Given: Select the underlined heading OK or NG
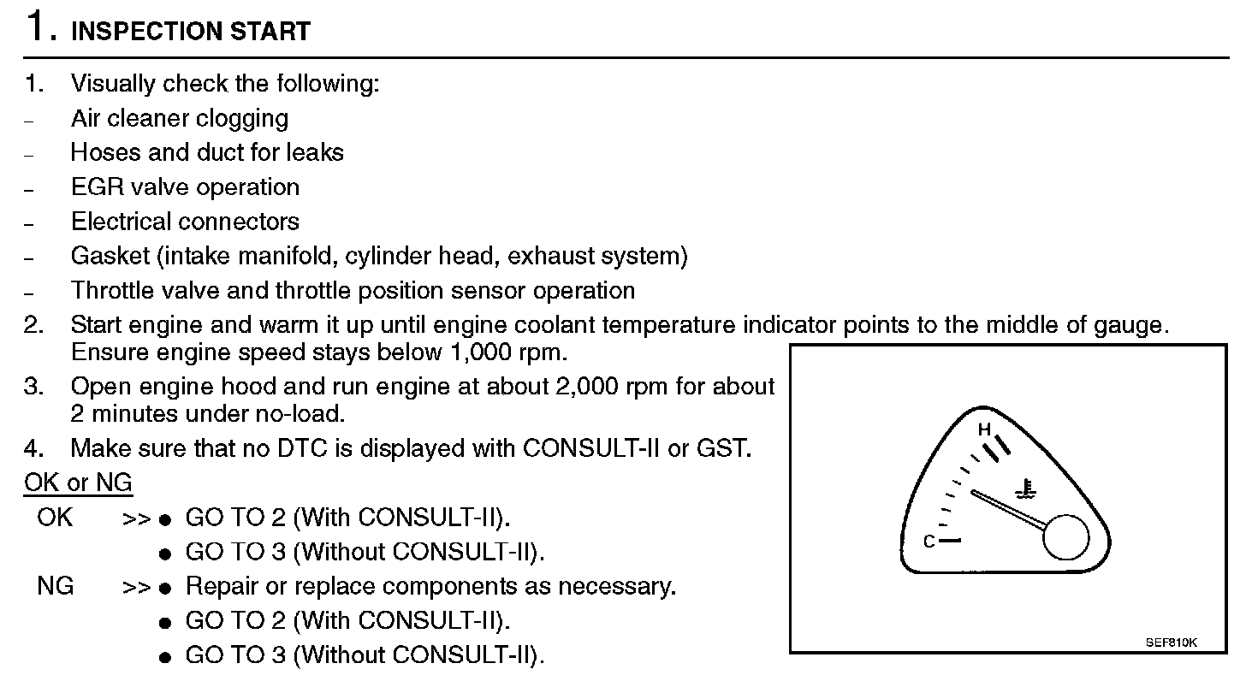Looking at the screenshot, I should (78, 483).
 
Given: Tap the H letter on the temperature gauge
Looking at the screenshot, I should (985, 429).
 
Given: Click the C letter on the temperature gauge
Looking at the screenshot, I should (929, 542).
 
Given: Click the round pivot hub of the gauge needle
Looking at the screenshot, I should (1065, 537).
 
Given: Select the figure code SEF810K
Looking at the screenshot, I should (1172, 641).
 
